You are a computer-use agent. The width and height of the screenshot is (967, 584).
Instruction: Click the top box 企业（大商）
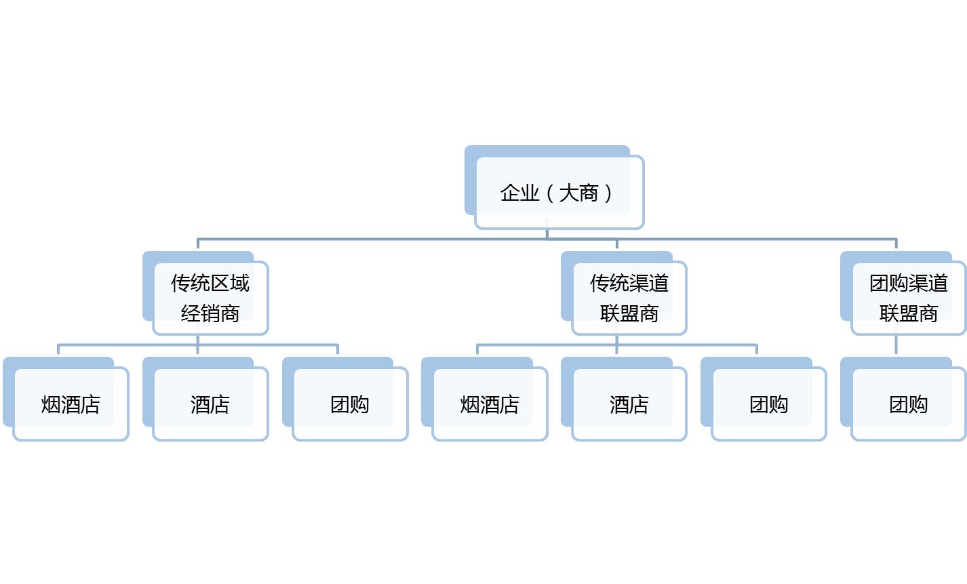(x=559, y=193)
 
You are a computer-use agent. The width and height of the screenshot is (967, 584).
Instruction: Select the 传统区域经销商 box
(x=210, y=298)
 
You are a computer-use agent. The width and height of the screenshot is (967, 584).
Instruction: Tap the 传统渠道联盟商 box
(x=629, y=298)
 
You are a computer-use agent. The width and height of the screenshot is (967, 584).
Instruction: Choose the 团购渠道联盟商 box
(x=908, y=298)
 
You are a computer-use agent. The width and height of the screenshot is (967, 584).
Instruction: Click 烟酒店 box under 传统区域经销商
(x=71, y=405)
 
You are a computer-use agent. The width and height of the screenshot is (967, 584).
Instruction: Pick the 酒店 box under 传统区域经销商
(x=210, y=405)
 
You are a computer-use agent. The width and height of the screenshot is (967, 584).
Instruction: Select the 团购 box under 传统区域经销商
(x=350, y=405)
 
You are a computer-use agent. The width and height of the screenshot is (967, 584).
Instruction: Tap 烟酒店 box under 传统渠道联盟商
(x=490, y=405)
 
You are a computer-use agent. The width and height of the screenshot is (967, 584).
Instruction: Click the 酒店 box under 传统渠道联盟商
(x=629, y=405)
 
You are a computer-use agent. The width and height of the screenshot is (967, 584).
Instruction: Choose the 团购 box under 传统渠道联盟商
(x=769, y=405)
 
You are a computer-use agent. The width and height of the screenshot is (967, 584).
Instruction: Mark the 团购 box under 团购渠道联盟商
(x=908, y=405)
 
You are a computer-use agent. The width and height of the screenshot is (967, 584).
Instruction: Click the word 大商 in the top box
(x=579, y=193)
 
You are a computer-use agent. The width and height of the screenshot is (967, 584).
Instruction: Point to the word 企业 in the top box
(x=519, y=193)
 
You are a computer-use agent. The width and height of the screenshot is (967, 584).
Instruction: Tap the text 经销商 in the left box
(x=210, y=313)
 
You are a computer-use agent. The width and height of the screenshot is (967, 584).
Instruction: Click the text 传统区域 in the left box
(x=210, y=283)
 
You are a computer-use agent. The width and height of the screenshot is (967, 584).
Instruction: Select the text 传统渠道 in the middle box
(x=629, y=283)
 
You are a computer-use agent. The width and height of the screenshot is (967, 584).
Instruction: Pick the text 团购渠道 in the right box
(x=908, y=283)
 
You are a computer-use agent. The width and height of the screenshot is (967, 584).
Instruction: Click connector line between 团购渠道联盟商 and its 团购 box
(x=896, y=345)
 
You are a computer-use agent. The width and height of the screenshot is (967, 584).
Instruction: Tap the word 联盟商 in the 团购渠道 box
(x=908, y=313)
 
